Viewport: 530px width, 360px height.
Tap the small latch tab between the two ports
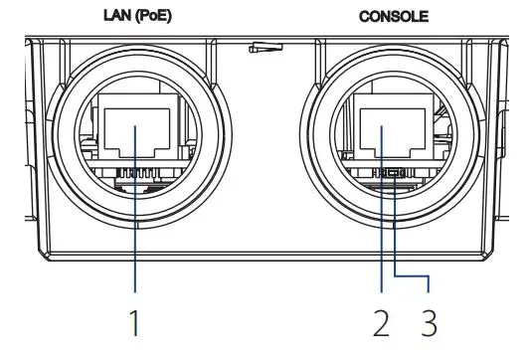[x=265, y=47]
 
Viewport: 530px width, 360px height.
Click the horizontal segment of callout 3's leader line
[x=414, y=274]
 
